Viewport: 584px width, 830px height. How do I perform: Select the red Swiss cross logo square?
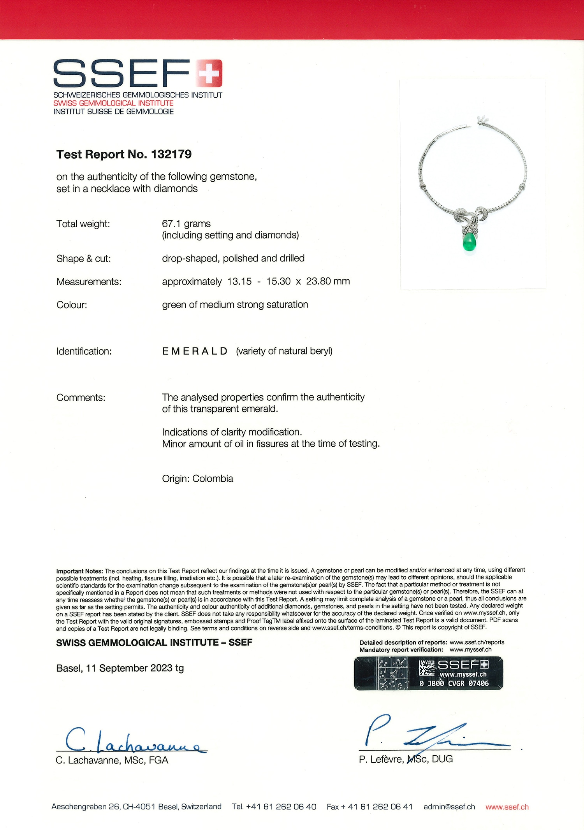[x=209, y=73]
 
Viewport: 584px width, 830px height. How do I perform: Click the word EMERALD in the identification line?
[x=195, y=351]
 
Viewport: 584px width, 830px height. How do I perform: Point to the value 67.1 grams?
[x=186, y=224]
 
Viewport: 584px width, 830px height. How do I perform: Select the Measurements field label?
[x=89, y=282]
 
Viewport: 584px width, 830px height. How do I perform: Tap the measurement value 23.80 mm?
[x=328, y=281]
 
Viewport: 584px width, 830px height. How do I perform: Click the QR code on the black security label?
[x=427, y=668]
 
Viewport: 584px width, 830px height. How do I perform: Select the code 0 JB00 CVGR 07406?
[x=454, y=683]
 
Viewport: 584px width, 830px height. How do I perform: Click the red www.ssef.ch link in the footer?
[x=507, y=807]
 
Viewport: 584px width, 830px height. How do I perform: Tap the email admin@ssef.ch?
[x=449, y=807]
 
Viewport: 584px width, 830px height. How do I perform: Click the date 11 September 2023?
[x=130, y=668]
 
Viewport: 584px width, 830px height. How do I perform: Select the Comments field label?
[x=81, y=398]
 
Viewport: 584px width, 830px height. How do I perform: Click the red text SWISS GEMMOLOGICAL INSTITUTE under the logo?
[x=113, y=103]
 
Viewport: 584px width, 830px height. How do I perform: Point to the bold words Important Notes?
[x=79, y=571]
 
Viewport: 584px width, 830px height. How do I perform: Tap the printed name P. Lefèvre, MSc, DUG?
[x=406, y=759]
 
